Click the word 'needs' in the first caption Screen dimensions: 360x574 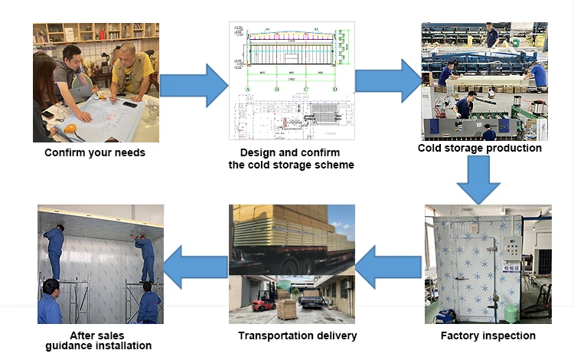click(127, 152)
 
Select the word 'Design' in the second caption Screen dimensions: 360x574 click(256, 153)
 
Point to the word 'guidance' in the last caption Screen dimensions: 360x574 click(73, 345)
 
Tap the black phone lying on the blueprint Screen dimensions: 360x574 click(130, 105)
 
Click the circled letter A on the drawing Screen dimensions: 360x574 click(247, 89)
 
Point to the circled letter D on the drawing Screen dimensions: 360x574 click(334, 89)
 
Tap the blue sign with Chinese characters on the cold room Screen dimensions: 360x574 click(508, 268)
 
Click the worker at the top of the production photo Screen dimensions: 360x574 click(491, 35)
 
